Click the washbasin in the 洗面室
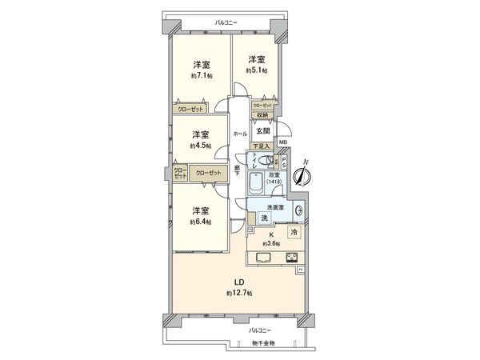298,211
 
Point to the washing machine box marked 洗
263,218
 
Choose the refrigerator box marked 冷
294,232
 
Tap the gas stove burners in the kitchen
290,257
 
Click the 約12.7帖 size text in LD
239,294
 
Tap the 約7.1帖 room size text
200,75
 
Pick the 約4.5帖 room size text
200,145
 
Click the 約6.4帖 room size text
200,221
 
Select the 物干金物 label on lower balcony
261,342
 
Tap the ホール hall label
239,134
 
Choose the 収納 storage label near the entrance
262,115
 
